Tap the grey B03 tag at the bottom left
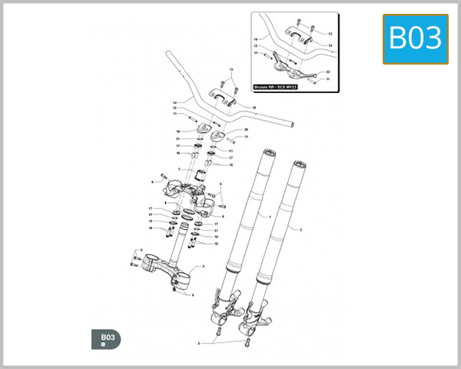click(x=105, y=339)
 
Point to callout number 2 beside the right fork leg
click(x=300, y=230)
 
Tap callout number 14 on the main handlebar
click(x=174, y=102)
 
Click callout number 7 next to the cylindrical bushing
click(x=178, y=170)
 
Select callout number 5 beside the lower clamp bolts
click(x=140, y=251)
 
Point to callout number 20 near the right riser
click(x=246, y=130)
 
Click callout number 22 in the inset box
click(x=328, y=71)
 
